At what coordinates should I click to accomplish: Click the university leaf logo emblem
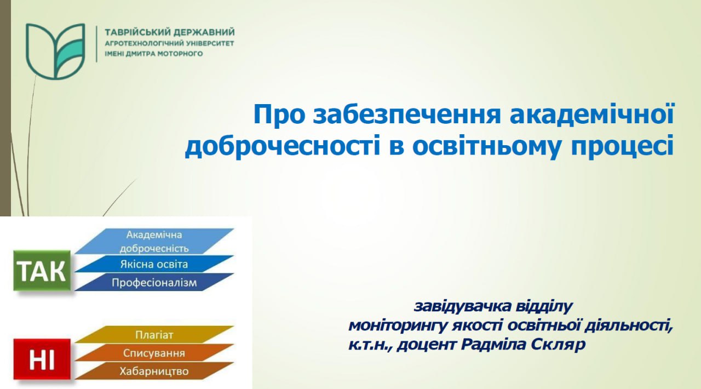55,51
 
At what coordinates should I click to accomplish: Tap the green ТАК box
42,270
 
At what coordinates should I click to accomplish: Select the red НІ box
42,359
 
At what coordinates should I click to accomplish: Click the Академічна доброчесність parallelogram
154,241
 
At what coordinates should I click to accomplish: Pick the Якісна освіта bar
154,264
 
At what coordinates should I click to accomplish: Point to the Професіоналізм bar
154,282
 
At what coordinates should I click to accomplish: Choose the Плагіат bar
154,335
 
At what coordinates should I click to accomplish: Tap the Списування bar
154,353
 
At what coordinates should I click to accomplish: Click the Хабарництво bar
154,371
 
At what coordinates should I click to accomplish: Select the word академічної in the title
592,114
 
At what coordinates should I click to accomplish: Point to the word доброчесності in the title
283,146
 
